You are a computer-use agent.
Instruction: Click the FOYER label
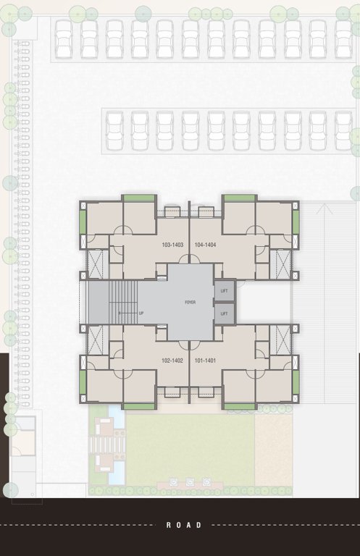pos(191,302)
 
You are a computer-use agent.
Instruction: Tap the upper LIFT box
pos(225,291)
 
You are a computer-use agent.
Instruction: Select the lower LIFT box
pos(225,313)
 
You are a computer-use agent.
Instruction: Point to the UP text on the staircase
pos(141,313)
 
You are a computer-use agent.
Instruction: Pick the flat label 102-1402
pos(171,360)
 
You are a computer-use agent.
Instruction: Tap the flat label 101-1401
pos(206,360)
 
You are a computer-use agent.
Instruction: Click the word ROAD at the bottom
pos(184,525)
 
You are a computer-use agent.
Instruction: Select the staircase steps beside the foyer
pos(123,302)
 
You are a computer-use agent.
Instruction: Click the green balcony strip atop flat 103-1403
pos(138,198)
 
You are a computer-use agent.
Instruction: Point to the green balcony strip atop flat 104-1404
pos(239,198)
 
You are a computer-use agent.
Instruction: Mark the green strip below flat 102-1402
pos(138,407)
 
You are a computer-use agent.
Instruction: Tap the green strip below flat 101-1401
pos(239,407)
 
